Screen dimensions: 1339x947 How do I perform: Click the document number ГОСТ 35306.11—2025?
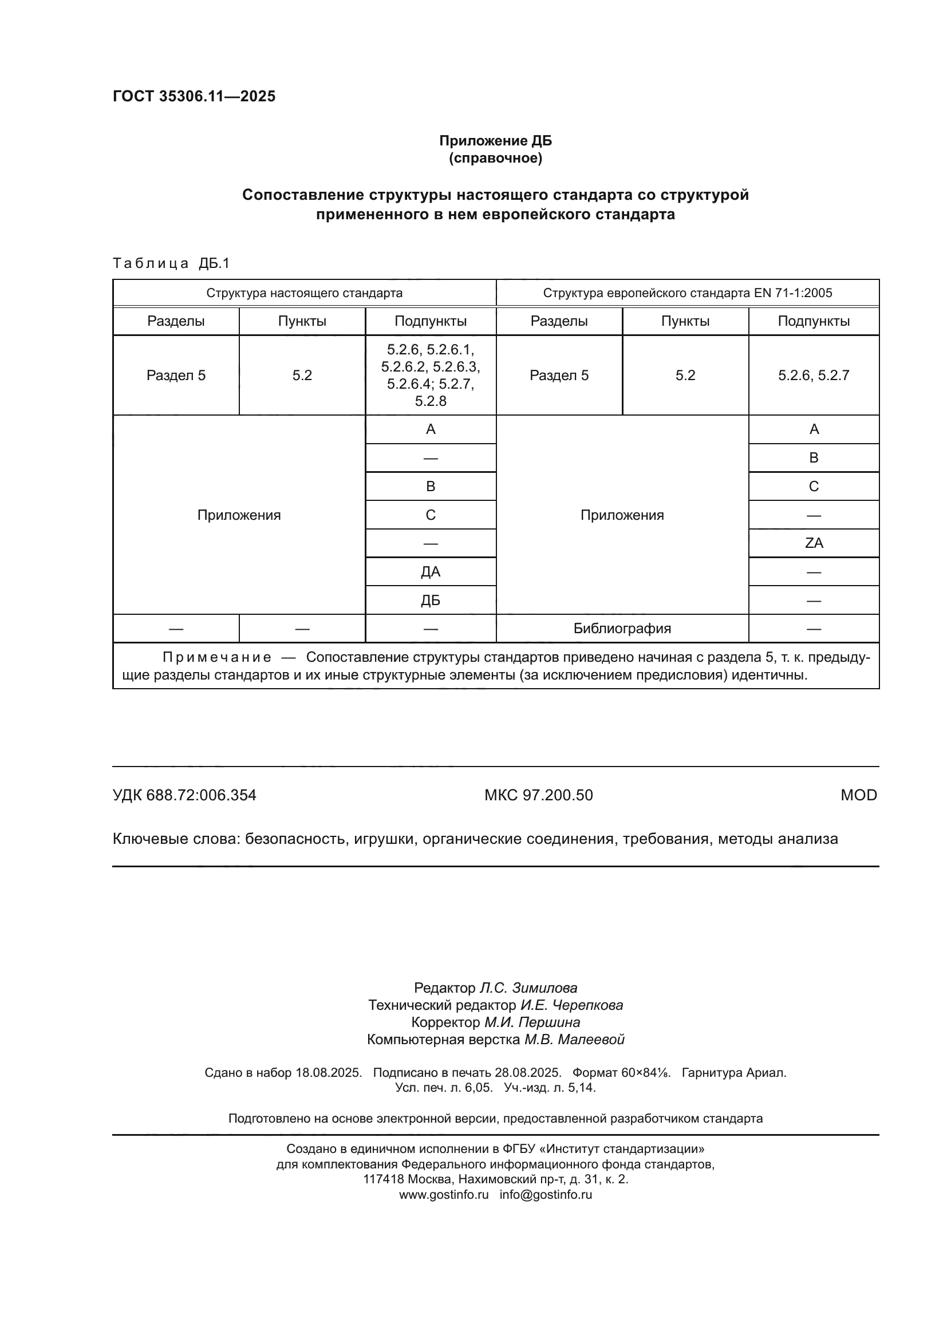point(194,96)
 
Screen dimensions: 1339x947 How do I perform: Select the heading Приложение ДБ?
point(495,141)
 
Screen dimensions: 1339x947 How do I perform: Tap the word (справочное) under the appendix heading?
point(495,158)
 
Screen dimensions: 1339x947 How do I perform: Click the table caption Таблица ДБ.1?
point(171,263)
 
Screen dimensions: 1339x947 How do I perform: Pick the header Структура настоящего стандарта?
point(304,293)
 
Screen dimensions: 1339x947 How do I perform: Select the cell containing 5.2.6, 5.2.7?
point(814,375)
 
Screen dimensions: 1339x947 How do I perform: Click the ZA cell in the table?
point(814,543)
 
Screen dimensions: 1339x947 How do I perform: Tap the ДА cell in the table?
point(431,571)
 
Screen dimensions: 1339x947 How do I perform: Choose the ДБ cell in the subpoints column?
point(431,600)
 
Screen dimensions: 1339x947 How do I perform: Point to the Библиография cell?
point(622,628)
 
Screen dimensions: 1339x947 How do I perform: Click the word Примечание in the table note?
point(216,657)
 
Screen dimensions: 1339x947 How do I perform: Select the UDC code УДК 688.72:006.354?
point(184,795)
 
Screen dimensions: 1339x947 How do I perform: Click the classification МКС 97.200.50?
point(538,795)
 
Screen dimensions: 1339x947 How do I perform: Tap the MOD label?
point(858,795)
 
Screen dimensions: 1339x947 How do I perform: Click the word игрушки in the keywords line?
point(384,839)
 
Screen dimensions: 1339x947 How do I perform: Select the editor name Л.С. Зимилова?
point(528,988)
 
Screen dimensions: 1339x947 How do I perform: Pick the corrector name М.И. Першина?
point(532,1022)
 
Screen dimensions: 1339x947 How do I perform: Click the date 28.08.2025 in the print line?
point(528,1072)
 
